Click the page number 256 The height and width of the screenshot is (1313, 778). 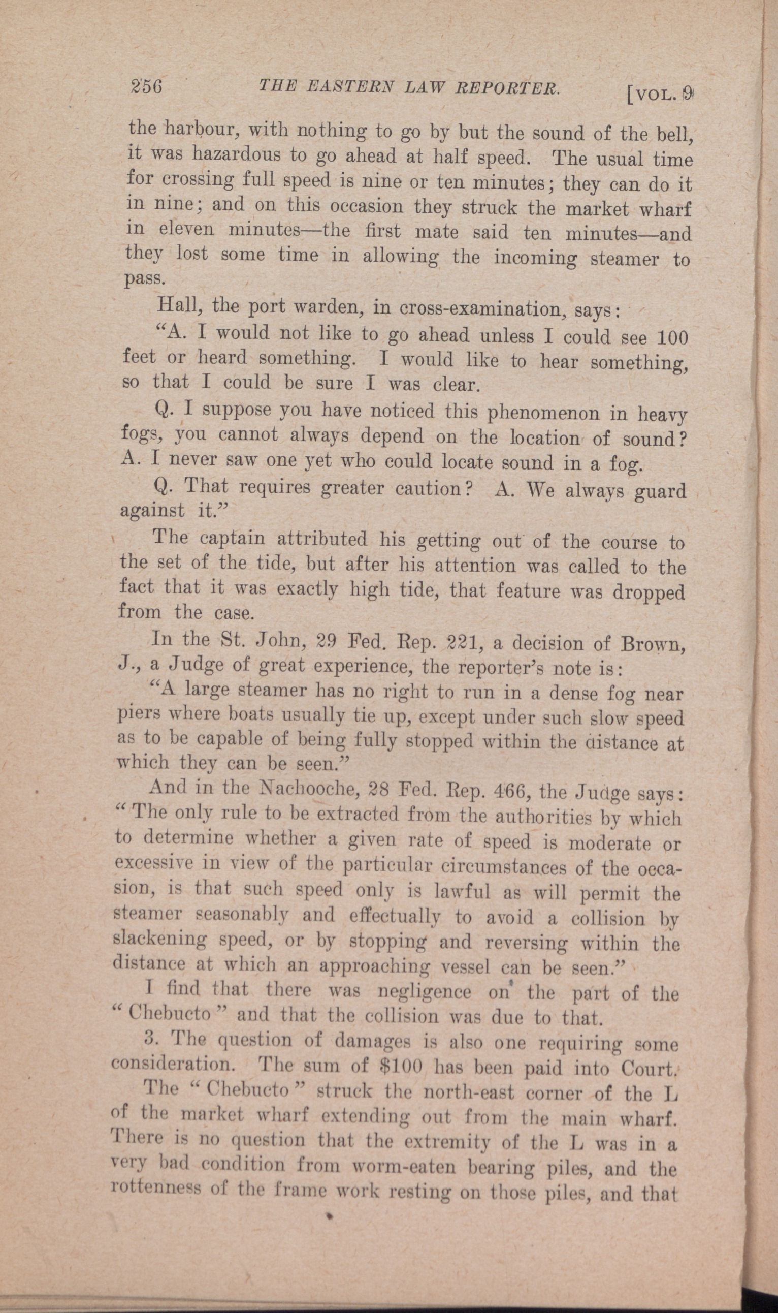click(x=146, y=86)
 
